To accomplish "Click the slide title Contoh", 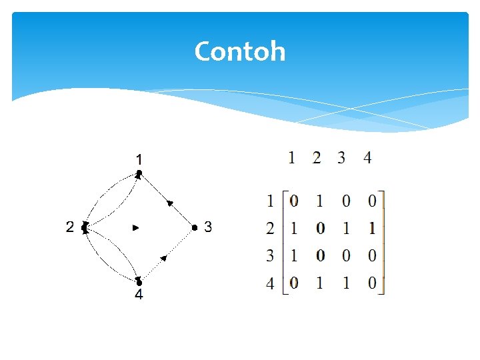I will pyautogui.click(x=240, y=51).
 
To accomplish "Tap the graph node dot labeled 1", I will pyautogui.click(x=139, y=174).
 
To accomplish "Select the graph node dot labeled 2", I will pyautogui.click(x=85, y=227).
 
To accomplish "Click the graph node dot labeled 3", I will pyautogui.click(x=194, y=227).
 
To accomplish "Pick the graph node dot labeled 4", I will pyautogui.click(x=139, y=282).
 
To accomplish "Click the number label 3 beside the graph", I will pyautogui.click(x=208, y=227).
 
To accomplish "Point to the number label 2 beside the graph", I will pyautogui.click(x=70, y=227).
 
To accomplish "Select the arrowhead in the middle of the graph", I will pyautogui.click(x=136, y=227).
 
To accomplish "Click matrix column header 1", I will pyautogui.click(x=292, y=158).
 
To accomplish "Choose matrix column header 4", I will pyautogui.click(x=367, y=158).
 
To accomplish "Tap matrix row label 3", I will pyautogui.click(x=270, y=256).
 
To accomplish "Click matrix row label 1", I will pyautogui.click(x=270, y=200).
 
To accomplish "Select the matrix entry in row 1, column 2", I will pyautogui.click(x=319, y=200).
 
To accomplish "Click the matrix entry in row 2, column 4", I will pyautogui.click(x=371, y=228).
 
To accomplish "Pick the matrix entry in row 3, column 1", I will pyautogui.click(x=294, y=256).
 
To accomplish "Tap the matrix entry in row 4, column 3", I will pyautogui.click(x=345, y=283).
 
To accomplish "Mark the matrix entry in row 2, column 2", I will pyautogui.click(x=320, y=228).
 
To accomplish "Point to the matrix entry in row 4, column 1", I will pyautogui.click(x=294, y=283).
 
